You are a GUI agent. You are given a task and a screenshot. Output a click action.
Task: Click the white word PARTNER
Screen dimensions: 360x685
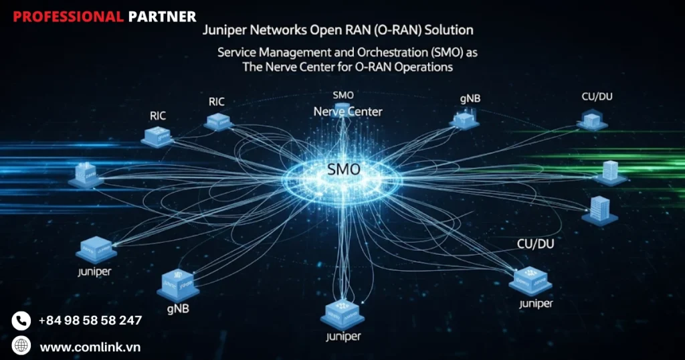point(162,17)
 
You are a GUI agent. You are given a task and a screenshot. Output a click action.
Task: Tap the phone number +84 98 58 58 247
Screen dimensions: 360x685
point(90,321)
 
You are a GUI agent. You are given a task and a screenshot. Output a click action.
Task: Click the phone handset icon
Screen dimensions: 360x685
point(21,321)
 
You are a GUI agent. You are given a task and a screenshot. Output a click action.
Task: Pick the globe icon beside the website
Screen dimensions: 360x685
point(21,346)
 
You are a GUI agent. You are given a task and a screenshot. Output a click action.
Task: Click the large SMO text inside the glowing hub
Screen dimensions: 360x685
point(343,170)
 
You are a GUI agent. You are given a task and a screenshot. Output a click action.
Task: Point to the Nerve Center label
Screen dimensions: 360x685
point(348,111)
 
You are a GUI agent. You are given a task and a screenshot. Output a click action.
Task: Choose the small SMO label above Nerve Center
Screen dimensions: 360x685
point(343,96)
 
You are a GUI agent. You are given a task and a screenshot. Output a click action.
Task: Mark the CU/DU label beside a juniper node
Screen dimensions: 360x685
point(535,244)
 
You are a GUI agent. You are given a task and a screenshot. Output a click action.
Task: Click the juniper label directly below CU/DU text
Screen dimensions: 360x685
point(536,304)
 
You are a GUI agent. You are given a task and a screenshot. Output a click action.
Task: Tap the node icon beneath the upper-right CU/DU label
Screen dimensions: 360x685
point(592,121)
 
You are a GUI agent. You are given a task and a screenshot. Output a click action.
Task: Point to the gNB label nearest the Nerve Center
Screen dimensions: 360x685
point(470,99)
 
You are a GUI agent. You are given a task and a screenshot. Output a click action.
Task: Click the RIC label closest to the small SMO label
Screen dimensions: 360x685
point(217,102)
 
